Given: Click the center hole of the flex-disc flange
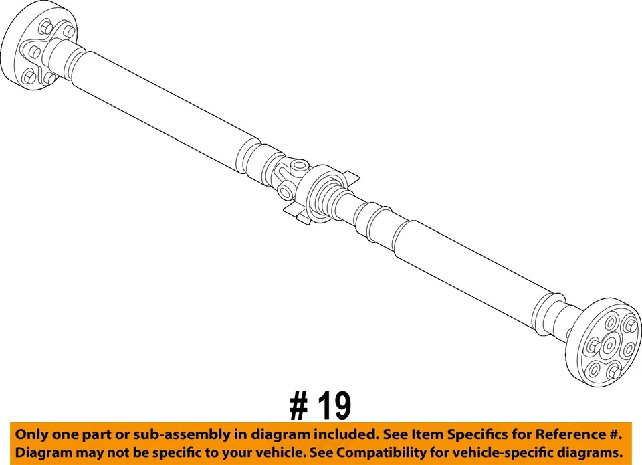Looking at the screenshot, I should pyautogui.click(x=609, y=345).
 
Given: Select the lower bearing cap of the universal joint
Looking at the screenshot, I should pyautogui.click(x=286, y=193).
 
